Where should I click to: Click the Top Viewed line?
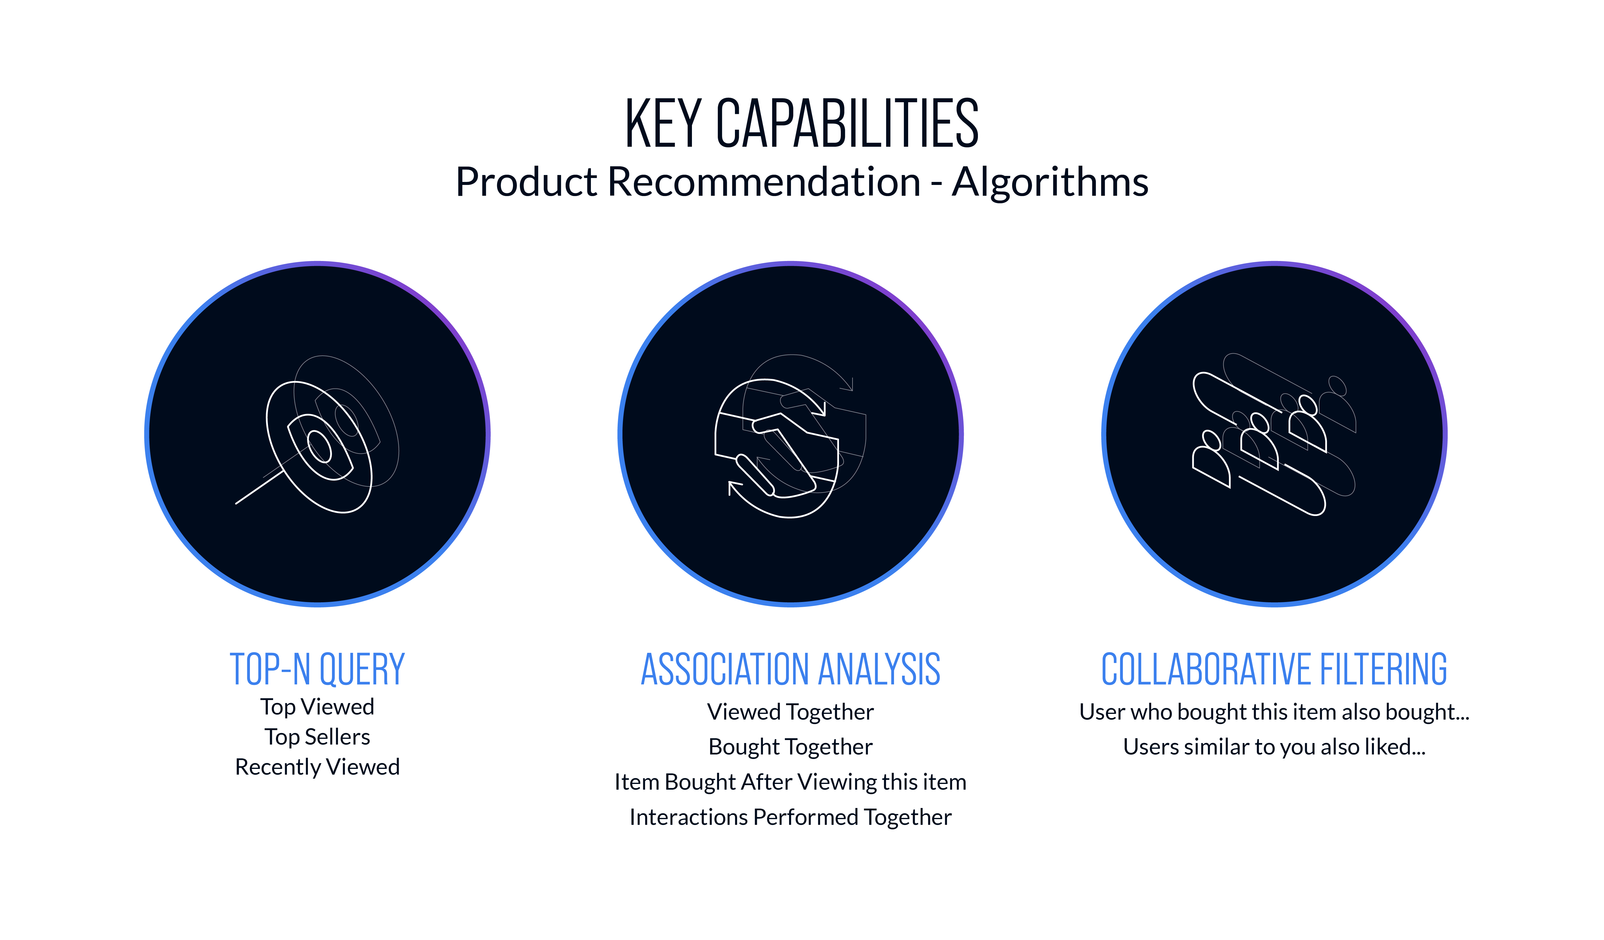point(317,706)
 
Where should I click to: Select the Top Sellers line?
point(317,736)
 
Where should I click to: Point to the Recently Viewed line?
point(317,767)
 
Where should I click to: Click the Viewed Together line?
point(791,711)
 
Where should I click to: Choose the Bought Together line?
point(791,747)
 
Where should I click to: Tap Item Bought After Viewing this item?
point(791,782)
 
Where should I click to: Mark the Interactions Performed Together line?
point(791,816)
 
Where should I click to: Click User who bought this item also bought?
point(1274,711)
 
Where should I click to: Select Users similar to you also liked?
point(1274,747)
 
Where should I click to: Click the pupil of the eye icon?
point(320,446)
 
